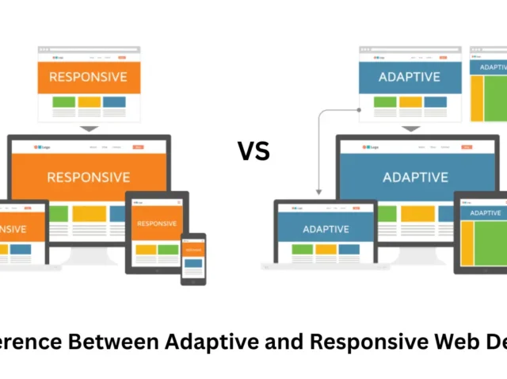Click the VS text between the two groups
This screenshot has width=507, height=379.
tap(253, 151)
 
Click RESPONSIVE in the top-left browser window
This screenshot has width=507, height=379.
tap(88, 77)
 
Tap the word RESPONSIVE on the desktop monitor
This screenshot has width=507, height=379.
tap(88, 177)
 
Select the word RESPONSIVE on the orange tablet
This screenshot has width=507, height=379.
tap(156, 224)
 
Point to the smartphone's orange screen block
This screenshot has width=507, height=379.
tap(193, 251)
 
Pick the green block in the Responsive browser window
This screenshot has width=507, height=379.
tap(64, 102)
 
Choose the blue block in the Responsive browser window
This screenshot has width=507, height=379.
tap(113, 102)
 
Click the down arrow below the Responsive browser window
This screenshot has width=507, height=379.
tap(89, 128)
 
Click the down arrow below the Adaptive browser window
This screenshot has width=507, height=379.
tap(410, 128)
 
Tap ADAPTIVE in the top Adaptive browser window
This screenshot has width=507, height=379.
tap(410, 77)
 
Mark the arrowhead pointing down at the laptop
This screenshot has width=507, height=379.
tap(318, 191)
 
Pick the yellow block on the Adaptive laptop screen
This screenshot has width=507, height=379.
tap(326, 250)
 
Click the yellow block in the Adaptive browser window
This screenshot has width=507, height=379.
tap(410, 102)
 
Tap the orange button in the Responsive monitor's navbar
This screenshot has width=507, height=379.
tap(139, 147)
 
